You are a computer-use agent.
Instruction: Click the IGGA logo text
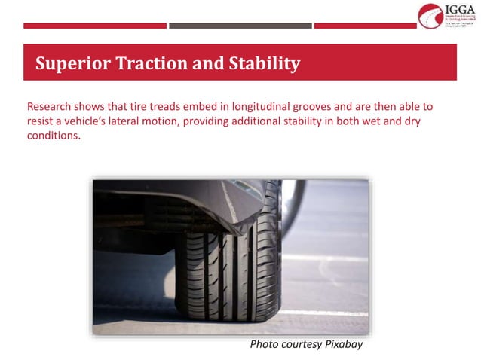pyautogui.click(x=458, y=9)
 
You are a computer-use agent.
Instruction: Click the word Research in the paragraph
pyautogui.click(x=50, y=106)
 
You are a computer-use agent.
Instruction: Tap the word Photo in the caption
pyautogui.click(x=265, y=345)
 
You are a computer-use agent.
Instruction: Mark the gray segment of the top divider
pyautogui.click(x=240, y=26)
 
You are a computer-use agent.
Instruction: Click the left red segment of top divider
pyautogui.click(x=94, y=26)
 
